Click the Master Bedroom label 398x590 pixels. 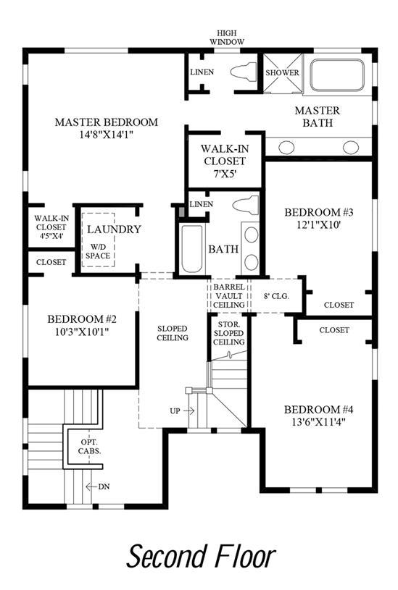107,122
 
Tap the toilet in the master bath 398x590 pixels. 244,72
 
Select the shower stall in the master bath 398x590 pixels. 282,72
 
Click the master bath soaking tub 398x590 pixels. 337,75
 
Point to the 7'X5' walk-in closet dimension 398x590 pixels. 224,174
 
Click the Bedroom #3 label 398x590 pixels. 318,212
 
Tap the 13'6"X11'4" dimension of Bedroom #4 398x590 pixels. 318,422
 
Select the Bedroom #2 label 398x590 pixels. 82,319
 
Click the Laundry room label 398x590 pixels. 114,229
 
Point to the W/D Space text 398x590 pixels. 98,252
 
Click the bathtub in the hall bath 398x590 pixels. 191,249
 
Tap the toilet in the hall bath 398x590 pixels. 246,205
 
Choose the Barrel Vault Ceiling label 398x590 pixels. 229,296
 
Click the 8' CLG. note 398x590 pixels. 276,296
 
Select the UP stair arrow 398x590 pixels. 188,411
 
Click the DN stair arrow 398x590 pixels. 91,486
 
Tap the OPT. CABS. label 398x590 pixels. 89,446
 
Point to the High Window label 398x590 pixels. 227,38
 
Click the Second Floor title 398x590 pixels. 202,556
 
